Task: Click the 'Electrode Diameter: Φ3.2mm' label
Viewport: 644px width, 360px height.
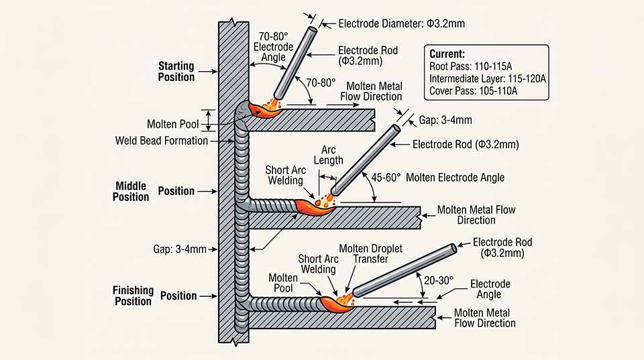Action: pos(401,24)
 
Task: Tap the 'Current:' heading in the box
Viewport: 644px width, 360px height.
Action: pos(447,54)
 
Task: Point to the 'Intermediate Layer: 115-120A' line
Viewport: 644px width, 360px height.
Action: pos(488,78)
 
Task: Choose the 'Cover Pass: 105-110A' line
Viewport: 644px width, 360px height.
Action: pos(473,91)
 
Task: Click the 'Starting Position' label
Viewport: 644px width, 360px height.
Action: pos(176,72)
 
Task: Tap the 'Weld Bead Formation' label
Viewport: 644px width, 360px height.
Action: pos(162,141)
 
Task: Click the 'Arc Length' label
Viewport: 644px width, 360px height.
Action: pos(328,155)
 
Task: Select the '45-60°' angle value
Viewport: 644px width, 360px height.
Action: pos(386,178)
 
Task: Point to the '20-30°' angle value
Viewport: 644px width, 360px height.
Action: pos(439,280)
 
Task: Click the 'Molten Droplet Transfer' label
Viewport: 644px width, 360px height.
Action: pos(370,253)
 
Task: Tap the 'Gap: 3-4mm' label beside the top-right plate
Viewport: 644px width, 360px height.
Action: pos(445,120)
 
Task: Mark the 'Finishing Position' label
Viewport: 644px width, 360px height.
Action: pos(133,296)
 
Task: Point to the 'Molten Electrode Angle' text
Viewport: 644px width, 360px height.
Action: pos(455,178)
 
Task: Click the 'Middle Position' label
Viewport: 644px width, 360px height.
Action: pos(131,191)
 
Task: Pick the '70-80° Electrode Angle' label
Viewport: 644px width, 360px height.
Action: pos(273,47)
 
